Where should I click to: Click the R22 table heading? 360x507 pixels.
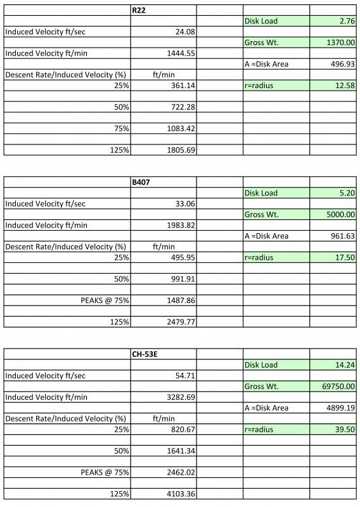[139, 10]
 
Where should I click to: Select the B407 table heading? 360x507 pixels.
[141, 182]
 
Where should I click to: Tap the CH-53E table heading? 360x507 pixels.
[145, 354]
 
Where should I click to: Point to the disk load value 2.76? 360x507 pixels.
[346, 21]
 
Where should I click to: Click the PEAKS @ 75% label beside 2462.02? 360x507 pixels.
[105, 472]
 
